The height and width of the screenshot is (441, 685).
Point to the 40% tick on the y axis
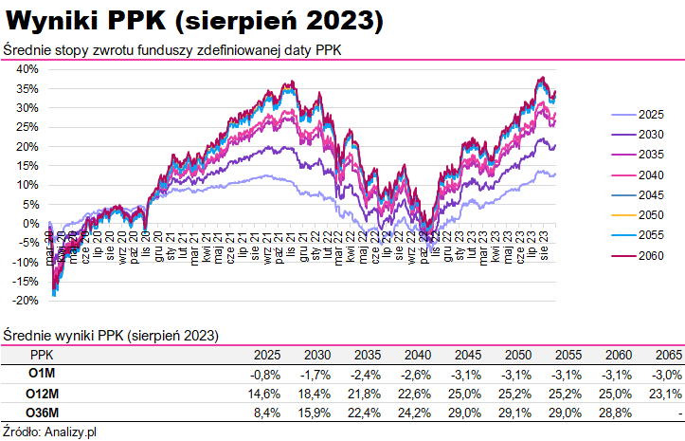coord(27,69)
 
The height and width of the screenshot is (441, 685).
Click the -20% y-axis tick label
coord(26,301)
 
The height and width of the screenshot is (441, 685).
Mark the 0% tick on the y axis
coord(30,224)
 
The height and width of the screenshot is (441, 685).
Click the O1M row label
coord(41,374)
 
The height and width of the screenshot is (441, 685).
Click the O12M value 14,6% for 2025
coord(267,394)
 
